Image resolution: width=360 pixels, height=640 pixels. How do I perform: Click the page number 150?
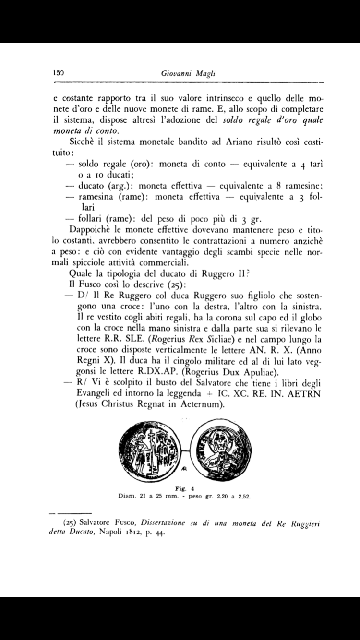58,74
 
